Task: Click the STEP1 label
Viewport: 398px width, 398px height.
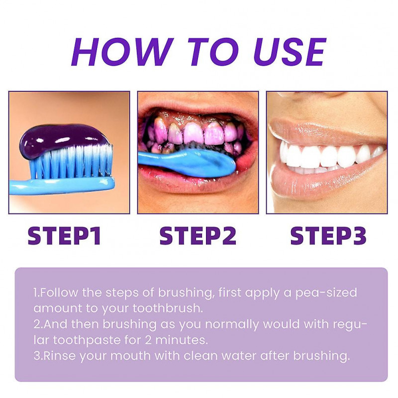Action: pyautogui.click(x=64, y=236)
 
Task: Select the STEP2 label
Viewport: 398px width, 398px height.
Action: pyautogui.click(x=198, y=236)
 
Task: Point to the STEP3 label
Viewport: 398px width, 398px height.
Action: pyautogui.click(x=328, y=236)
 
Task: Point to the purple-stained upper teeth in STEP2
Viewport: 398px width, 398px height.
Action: pyautogui.click(x=194, y=133)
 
